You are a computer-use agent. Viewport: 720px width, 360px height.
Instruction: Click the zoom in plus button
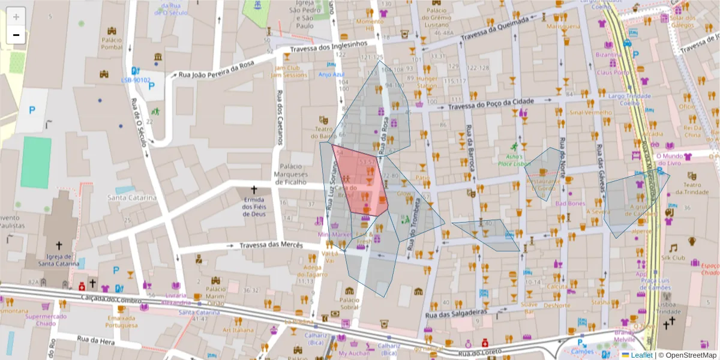pos(16,17)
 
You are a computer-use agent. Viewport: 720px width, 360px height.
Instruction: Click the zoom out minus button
pos(16,35)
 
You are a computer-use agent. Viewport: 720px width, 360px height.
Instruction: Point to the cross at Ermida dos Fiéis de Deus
pos(253,189)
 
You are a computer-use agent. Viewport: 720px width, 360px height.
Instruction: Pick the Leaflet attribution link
pos(641,355)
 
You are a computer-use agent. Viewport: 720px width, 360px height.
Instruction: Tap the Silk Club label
pos(673,258)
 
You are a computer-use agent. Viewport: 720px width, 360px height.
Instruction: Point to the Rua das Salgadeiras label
pos(454,313)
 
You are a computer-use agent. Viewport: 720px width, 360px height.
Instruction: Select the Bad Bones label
pos(569,203)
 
